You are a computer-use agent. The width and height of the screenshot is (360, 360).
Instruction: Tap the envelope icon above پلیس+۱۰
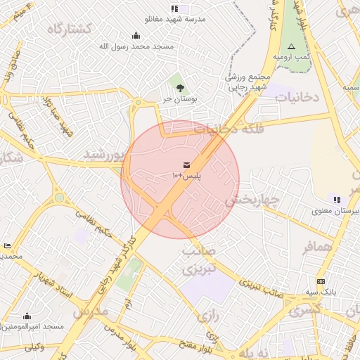click(186, 164)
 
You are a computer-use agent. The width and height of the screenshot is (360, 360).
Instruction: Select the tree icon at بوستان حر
click(181, 88)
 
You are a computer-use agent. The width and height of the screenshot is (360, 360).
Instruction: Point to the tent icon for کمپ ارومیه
click(291, 46)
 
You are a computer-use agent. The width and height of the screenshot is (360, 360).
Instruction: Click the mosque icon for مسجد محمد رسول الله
click(135, 35)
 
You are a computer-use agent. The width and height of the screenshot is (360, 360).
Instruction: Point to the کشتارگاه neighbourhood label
click(70, 29)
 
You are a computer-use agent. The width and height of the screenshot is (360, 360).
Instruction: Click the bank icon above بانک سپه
click(322, 281)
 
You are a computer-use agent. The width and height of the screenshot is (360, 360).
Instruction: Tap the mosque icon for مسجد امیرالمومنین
click(27, 316)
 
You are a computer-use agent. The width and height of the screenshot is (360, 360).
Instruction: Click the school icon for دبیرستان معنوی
click(337, 199)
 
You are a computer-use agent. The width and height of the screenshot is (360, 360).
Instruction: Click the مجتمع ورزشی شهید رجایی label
click(246, 82)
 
